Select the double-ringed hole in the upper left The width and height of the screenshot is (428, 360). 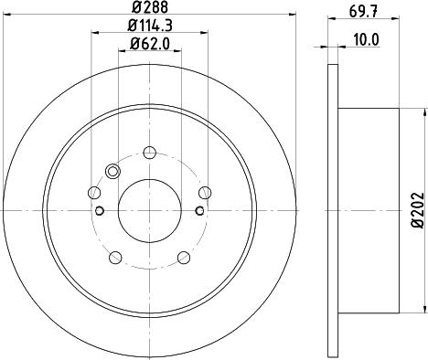click(113, 171)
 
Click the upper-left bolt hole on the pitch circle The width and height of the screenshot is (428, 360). click(95, 192)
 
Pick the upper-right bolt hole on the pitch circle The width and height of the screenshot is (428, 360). click(205, 192)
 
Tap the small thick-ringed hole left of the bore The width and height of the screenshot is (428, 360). click(100, 211)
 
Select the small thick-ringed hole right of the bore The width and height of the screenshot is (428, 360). click(200, 211)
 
